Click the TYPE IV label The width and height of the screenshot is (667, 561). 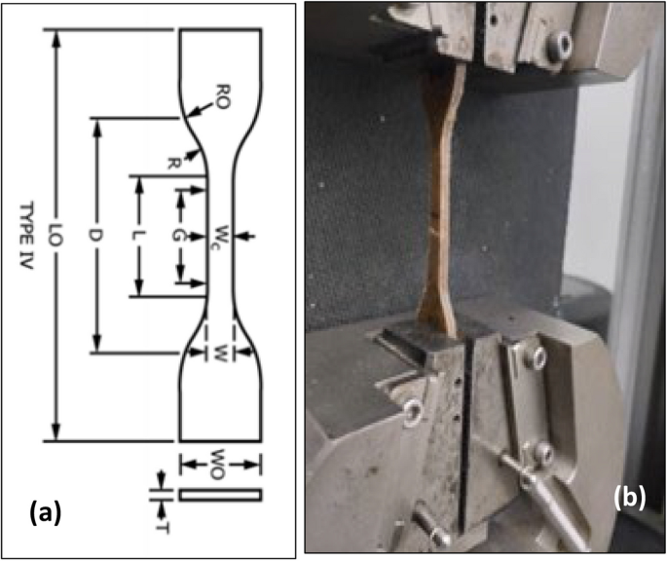(26, 236)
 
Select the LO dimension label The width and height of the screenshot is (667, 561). (56, 235)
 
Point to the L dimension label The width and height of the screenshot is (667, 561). (138, 236)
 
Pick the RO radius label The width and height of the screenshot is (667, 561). (221, 97)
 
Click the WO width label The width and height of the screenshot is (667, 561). (217, 464)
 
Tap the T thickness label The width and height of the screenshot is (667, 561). (165, 528)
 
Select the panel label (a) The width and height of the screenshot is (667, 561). (46, 512)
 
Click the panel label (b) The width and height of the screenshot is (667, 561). (629, 497)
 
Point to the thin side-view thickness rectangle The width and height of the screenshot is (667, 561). (220, 495)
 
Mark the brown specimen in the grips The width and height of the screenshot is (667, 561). (439, 200)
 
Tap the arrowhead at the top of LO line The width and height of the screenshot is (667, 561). (56, 39)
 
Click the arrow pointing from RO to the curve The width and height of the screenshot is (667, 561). (200, 109)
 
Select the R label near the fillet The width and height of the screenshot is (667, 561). (172, 164)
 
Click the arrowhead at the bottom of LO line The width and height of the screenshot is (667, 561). (56, 432)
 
